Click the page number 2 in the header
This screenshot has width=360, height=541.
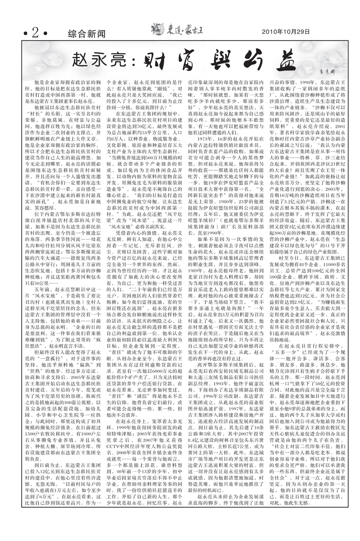point(35,33)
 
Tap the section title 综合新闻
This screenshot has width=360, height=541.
point(87,34)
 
